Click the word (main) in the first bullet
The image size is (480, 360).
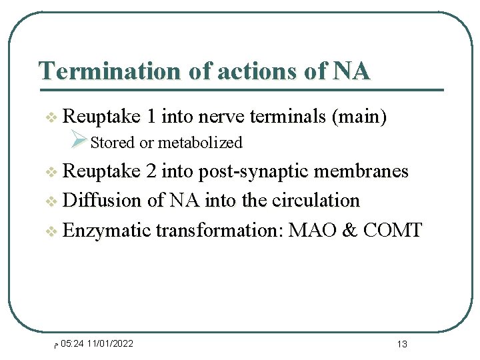pos(359,117)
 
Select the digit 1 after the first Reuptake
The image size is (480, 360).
pos(151,117)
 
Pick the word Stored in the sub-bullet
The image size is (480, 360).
pos(112,143)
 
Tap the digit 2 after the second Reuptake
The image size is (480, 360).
pos(151,171)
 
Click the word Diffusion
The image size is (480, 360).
pos(97,201)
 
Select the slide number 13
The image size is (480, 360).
pos(401,345)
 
